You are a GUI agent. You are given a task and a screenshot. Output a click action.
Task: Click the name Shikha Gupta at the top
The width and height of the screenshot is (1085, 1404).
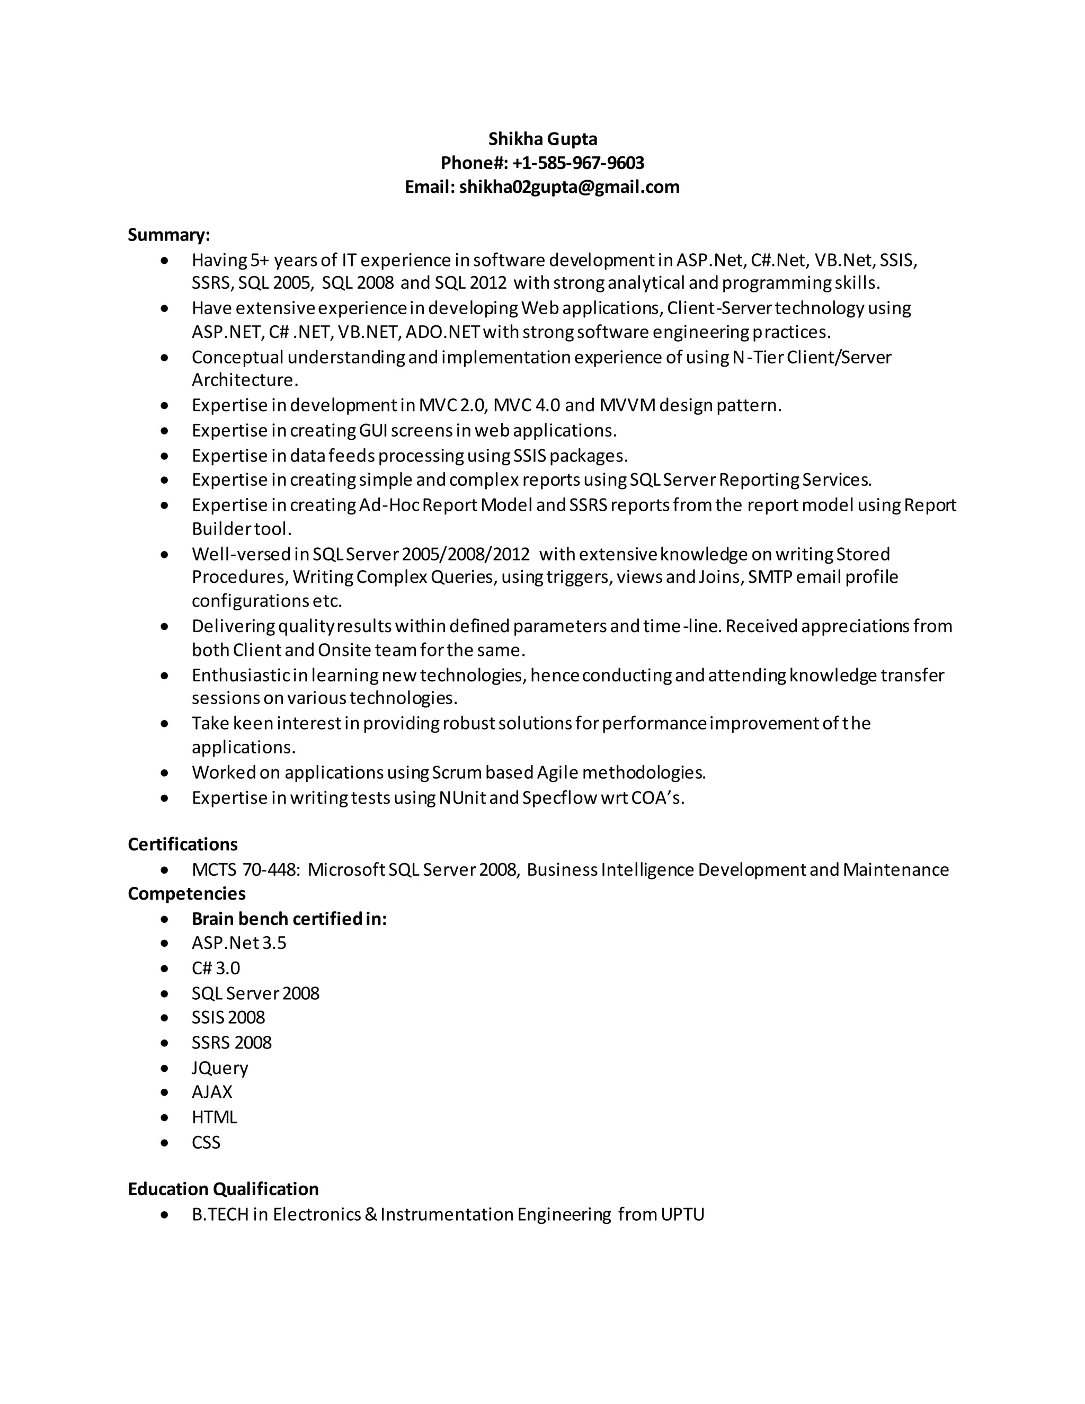point(542,139)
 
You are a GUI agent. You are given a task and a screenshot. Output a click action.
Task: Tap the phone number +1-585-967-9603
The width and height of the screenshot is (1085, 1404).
point(578,163)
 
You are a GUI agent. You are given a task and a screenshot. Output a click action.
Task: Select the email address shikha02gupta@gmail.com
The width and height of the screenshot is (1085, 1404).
point(569,187)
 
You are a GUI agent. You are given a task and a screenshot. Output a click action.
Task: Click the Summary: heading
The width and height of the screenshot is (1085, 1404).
point(168,235)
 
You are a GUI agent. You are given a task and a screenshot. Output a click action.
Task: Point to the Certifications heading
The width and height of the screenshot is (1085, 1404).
point(183,844)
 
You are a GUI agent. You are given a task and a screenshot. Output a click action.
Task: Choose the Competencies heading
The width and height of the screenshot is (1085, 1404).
point(186,894)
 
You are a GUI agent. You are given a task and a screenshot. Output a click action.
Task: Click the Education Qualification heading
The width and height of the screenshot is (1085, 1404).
point(223,1189)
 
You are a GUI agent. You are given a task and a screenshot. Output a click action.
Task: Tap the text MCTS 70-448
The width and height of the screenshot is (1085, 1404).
point(245,870)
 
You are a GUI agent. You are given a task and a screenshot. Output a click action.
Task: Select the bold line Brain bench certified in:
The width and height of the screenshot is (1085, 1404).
point(289,919)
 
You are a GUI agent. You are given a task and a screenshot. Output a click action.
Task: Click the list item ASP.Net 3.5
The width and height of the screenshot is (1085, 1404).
point(238,943)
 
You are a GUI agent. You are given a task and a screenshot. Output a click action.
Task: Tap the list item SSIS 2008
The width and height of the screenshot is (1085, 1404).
point(228,1017)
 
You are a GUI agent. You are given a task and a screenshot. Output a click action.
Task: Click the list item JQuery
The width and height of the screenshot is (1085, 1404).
point(219,1068)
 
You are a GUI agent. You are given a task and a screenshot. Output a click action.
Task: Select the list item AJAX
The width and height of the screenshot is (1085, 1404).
point(211,1091)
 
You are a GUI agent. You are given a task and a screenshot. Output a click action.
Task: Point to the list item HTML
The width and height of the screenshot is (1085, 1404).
point(214,1117)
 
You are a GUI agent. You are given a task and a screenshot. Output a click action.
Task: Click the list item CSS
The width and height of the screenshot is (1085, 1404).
point(206,1142)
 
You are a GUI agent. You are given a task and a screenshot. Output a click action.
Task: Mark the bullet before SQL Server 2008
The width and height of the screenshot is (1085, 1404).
point(165,993)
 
